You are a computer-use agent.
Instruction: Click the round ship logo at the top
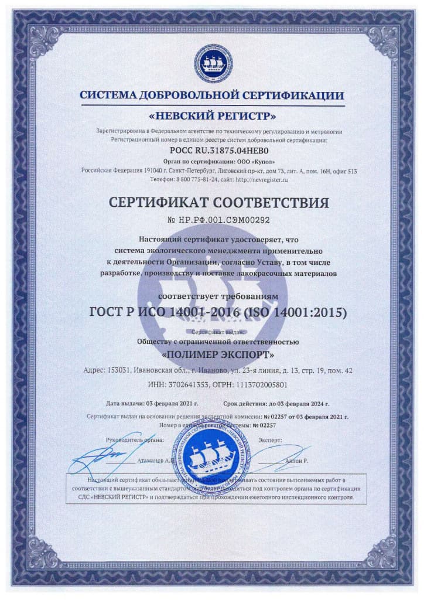tap(212, 63)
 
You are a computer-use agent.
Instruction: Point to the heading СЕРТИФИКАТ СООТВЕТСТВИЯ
tap(212, 203)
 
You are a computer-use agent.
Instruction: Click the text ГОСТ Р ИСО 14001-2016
tap(164, 313)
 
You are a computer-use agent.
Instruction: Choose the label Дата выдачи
tap(125, 404)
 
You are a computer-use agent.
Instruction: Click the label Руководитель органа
tap(135, 439)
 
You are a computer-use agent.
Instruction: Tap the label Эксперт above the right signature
tap(269, 439)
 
